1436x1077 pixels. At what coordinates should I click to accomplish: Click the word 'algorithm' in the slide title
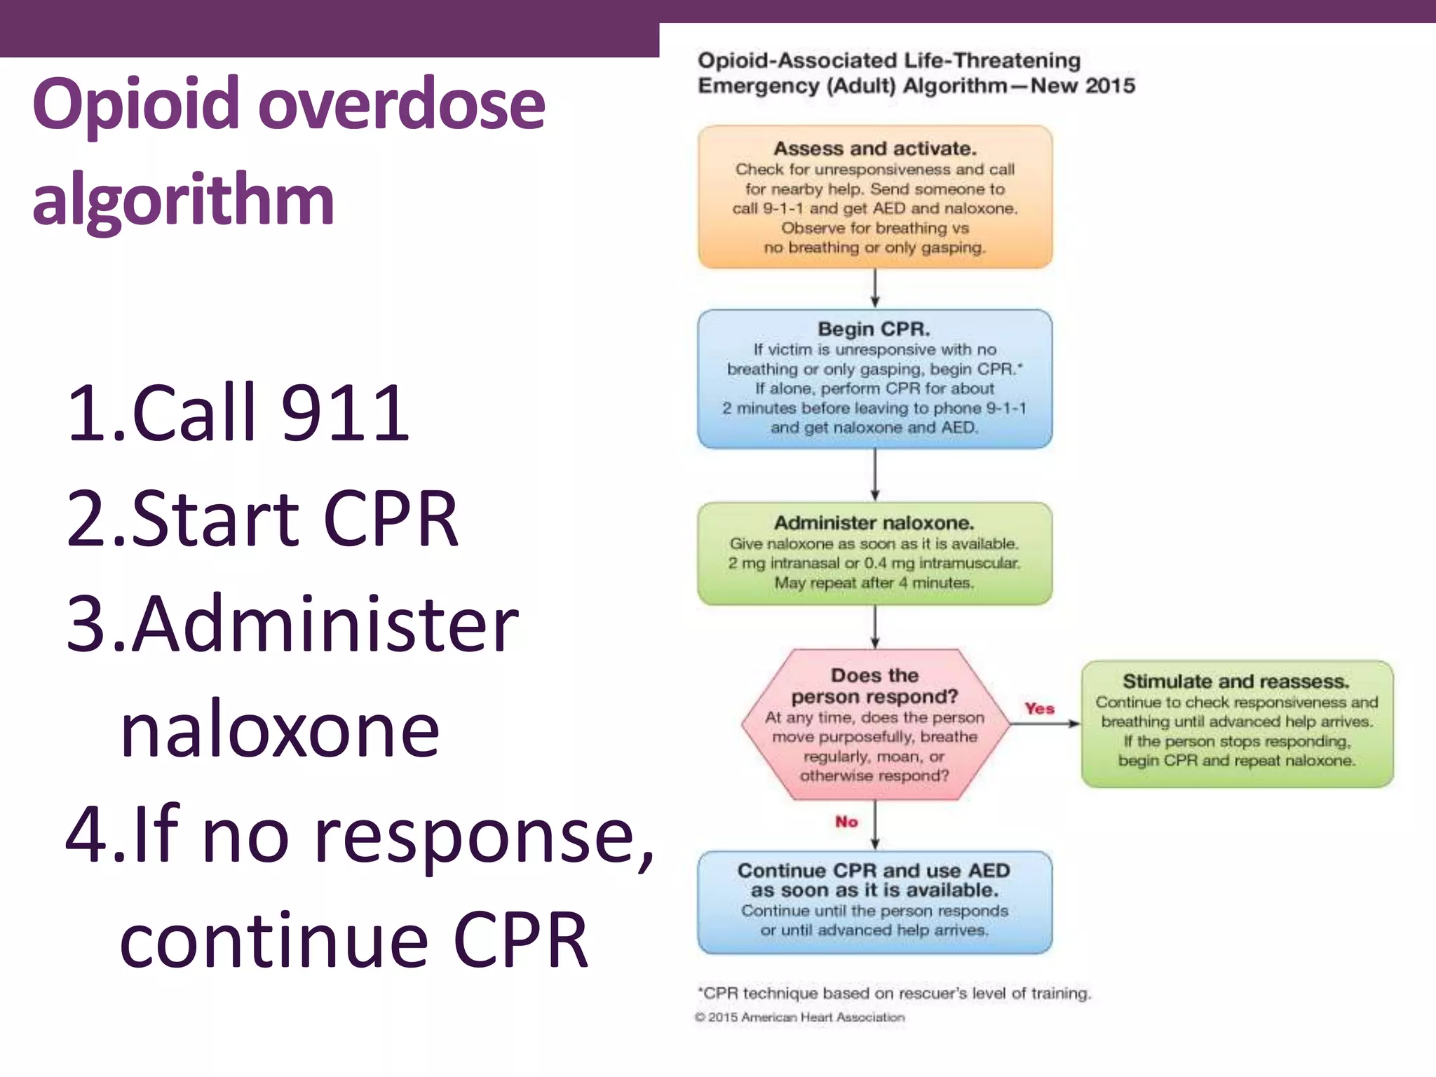pyautogui.click(x=183, y=201)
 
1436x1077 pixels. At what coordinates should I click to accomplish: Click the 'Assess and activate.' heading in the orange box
pyautogui.click(x=874, y=149)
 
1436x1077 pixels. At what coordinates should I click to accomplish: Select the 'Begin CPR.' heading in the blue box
pyautogui.click(x=874, y=329)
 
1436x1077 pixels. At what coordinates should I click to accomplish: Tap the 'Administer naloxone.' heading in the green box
pyautogui.click(x=874, y=523)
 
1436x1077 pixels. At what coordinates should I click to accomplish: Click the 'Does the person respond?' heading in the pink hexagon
pyautogui.click(x=874, y=686)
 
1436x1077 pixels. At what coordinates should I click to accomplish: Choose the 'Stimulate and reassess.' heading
pyautogui.click(x=1235, y=682)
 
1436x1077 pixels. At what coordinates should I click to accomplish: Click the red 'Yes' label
pyautogui.click(x=1039, y=709)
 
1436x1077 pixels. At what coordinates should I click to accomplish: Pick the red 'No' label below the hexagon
pyautogui.click(x=846, y=822)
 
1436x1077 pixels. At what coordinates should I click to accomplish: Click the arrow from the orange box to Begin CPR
pyautogui.click(x=874, y=288)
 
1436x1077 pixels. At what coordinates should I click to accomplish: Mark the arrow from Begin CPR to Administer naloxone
pyautogui.click(x=874, y=475)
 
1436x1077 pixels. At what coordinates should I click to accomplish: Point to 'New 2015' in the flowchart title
pyautogui.click(x=1083, y=86)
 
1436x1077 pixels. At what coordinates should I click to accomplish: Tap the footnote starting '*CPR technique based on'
pyautogui.click(x=894, y=994)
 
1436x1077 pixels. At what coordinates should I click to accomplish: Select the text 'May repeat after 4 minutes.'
pyautogui.click(x=874, y=583)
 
